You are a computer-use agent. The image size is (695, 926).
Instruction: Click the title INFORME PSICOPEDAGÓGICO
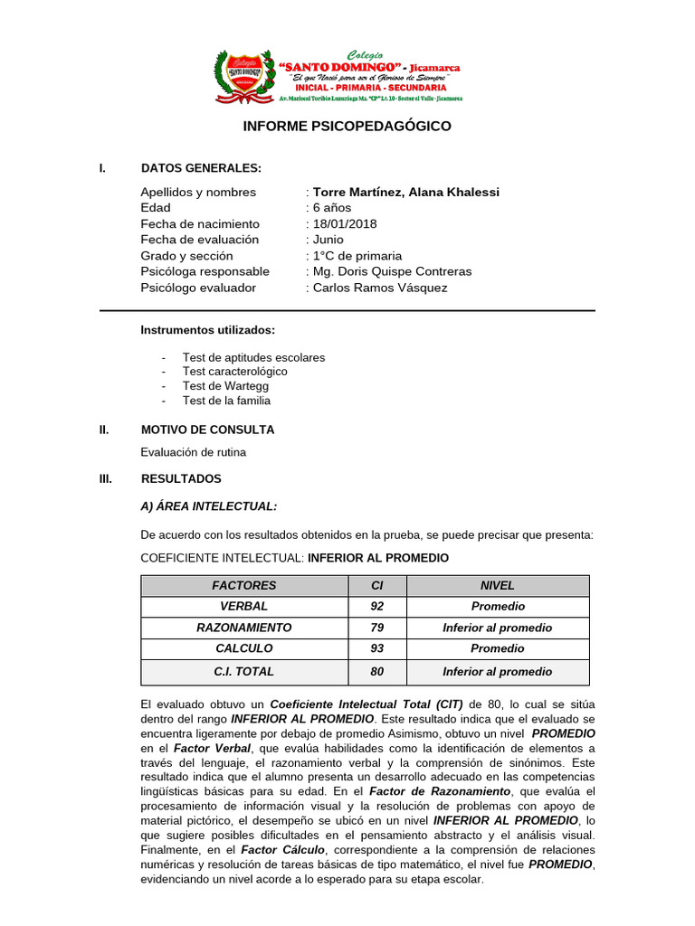tap(347, 127)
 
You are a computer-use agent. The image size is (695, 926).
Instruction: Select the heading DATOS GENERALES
tap(201, 168)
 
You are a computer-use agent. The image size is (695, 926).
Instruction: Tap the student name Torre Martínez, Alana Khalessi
tap(405, 192)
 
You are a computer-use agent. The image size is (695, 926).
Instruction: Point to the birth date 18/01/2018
tap(345, 223)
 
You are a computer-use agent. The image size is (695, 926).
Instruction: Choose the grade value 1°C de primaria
tap(357, 256)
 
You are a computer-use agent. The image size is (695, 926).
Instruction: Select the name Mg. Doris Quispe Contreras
tap(392, 271)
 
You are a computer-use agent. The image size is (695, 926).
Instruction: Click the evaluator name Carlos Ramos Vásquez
tap(379, 288)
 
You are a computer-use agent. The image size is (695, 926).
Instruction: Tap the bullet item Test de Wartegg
tap(225, 385)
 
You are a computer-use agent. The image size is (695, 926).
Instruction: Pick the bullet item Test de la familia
tap(226, 400)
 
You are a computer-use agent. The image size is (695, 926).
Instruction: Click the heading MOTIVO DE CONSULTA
tap(207, 430)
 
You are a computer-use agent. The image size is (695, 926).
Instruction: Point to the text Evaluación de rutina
tap(193, 451)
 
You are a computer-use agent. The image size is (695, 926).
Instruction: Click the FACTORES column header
tap(244, 585)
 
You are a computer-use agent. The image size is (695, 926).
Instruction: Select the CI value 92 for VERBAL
tap(377, 606)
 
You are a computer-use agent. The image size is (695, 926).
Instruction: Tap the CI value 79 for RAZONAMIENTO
tap(377, 628)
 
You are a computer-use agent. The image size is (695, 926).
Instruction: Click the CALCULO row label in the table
tap(244, 648)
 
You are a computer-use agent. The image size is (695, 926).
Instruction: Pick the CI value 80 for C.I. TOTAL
tap(377, 671)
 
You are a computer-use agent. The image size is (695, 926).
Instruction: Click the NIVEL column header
tap(497, 585)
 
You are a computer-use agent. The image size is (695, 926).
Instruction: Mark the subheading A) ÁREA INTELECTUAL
tap(209, 506)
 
